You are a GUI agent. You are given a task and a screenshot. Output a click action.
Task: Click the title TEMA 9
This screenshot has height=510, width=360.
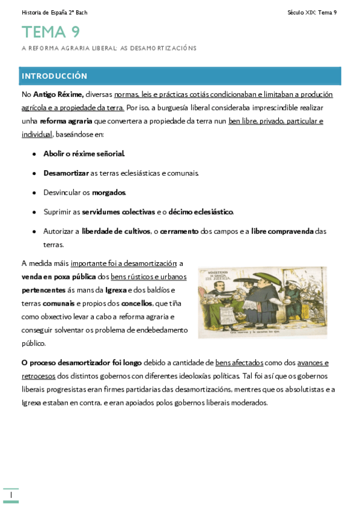coord(50,32)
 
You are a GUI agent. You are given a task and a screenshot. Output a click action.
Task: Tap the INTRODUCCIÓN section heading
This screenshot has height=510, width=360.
coord(55,76)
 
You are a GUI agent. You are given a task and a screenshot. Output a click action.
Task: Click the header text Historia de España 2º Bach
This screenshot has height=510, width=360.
coord(54,13)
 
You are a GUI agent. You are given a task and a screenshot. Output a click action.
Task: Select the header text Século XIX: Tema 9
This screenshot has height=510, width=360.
coord(312,13)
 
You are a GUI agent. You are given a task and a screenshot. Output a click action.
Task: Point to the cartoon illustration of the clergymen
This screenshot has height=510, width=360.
coord(262,301)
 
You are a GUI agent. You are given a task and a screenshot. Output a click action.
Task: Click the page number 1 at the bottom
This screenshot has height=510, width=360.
coord(11,494)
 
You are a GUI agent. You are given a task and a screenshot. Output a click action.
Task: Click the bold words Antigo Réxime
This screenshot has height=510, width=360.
coord(58,94)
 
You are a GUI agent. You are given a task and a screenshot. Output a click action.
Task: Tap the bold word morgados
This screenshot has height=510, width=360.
coord(109,192)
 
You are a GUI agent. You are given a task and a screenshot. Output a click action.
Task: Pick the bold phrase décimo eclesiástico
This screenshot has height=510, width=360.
coord(201,212)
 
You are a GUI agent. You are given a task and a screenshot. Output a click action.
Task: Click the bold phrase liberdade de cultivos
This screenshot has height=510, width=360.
coord(116,231)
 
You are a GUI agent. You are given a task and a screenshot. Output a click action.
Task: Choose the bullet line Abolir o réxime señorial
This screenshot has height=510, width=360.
coord(84,154)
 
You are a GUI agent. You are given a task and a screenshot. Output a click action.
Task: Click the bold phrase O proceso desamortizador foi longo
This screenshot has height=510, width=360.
coord(81,363)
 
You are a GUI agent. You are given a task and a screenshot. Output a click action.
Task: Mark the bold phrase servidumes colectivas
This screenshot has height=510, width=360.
coord(118,212)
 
